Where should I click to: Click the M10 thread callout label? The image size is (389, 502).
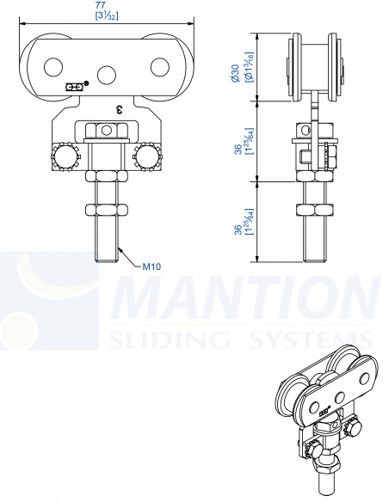point(151,267)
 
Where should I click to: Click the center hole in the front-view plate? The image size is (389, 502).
point(107,73)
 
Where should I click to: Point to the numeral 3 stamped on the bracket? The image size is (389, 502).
point(119,109)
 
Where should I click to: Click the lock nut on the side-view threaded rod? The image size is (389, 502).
point(314,210)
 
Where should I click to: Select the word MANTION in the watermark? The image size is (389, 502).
point(245,299)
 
